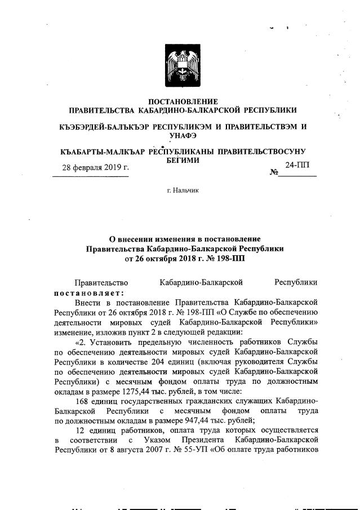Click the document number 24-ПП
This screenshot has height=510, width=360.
297,165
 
